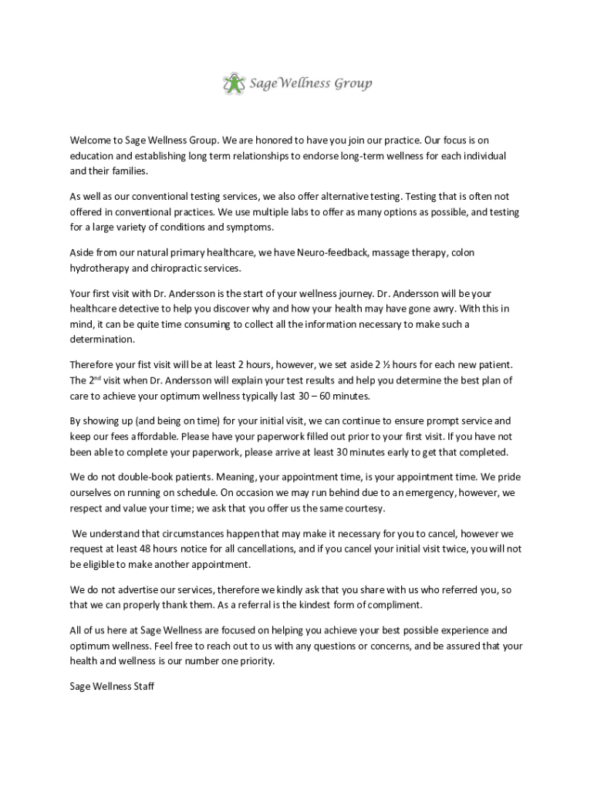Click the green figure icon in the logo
(x=234, y=83)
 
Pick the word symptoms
(x=250, y=227)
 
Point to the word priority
(x=249, y=661)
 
